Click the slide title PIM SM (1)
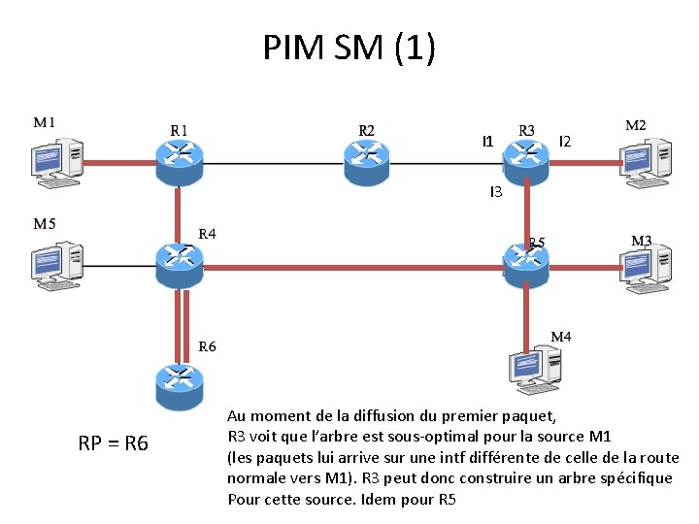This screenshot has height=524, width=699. [x=349, y=47]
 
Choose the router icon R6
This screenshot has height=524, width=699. [x=180, y=384]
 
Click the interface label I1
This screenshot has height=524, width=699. [x=488, y=142]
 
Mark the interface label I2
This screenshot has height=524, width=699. [x=565, y=142]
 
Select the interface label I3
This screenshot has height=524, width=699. [x=495, y=192]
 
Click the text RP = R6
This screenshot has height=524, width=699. [x=113, y=444]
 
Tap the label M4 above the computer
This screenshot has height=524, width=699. [x=561, y=337]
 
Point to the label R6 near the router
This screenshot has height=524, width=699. [x=208, y=346]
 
